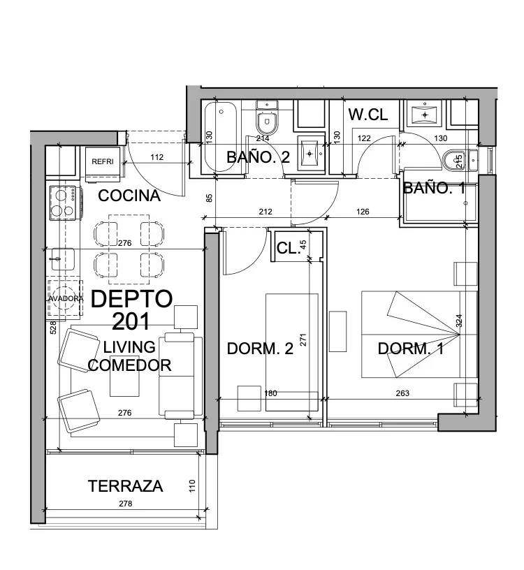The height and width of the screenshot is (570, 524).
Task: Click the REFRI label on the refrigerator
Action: coord(103,161)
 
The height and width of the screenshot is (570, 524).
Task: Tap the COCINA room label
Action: coord(129,196)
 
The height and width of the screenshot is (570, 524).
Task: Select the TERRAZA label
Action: coord(126,486)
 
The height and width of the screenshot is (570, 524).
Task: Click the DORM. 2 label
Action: coord(260,349)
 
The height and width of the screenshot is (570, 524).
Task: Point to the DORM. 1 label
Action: coord(411,349)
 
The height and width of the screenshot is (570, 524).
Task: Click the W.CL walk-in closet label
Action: coord(368,115)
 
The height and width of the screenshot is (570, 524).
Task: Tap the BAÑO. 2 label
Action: coord(259,157)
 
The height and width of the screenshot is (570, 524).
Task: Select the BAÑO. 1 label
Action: coord(434,188)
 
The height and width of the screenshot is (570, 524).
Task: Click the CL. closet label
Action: coord(288,248)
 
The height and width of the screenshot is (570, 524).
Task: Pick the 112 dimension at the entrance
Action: coord(157,157)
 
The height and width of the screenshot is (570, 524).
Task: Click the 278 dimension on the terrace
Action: coord(126,504)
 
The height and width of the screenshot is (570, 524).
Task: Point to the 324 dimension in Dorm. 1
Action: coord(459,321)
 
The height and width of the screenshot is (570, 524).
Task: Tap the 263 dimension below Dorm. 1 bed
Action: coord(402,393)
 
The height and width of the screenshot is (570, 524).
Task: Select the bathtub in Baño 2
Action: coord(221,137)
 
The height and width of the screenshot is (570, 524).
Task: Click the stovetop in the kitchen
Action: coord(64,203)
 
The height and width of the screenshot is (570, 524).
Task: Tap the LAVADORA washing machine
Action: coord(65,298)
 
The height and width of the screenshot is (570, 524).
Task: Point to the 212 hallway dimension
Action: coord(265,212)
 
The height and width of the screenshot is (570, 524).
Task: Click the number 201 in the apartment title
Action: coord(131,321)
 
